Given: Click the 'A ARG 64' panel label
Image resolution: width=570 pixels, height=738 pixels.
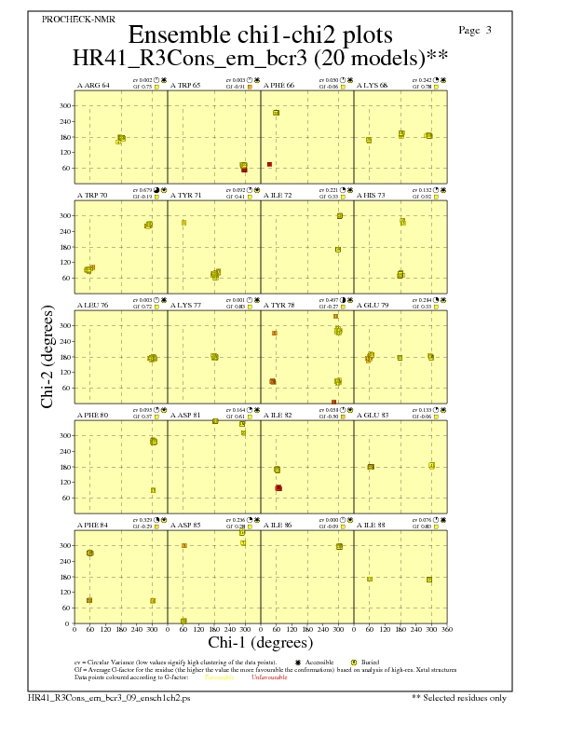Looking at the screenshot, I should pyautogui.click(x=93, y=86).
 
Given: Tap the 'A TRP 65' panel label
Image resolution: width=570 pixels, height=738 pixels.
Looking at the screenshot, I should pyautogui.click(x=185, y=86).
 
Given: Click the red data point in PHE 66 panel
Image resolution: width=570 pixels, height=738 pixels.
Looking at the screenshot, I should pyautogui.click(x=270, y=164).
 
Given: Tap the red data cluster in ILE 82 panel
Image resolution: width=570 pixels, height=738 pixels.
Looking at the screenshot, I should pyautogui.click(x=278, y=488).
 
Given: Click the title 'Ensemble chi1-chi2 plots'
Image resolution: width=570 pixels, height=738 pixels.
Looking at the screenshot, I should pyautogui.click(x=260, y=34).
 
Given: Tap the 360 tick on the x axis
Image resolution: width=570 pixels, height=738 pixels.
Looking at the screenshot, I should pyautogui.click(x=447, y=630).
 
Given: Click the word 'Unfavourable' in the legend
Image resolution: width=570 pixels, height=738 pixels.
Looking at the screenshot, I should pyautogui.click(x=269, y=677).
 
